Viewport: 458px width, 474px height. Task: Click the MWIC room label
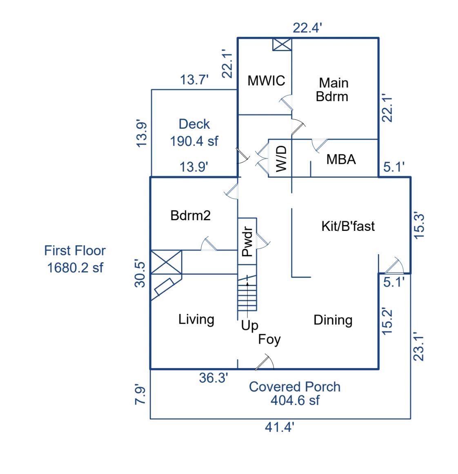266,80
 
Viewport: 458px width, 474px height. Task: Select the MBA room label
341,159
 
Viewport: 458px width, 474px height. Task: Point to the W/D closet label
282,159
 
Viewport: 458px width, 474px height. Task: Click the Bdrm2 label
190,215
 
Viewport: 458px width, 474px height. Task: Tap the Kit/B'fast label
348,226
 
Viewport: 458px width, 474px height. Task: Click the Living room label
196,319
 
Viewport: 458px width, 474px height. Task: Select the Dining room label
333,320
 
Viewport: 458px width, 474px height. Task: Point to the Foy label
269,339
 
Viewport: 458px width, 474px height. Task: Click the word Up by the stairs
249,326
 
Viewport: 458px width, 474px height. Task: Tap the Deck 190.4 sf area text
194,132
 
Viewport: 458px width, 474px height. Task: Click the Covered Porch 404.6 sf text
294,393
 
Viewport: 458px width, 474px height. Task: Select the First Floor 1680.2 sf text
75,259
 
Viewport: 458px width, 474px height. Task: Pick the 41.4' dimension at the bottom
280,428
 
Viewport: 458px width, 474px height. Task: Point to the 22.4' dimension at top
308,28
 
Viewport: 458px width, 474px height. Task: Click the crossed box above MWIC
282,45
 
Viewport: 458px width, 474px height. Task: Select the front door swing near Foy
265,363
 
